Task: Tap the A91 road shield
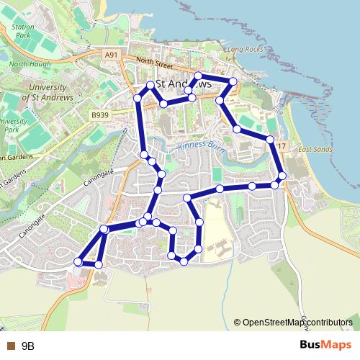tap(110, 55)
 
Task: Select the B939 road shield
tap(99, 114)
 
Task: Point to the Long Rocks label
tap(242, 50)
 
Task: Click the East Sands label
tap(312, 149)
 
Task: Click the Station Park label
tap(23, 30)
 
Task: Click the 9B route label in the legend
tap(28, 346)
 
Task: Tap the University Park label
tap(12, 126)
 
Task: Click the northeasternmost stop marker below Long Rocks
tap(233, 81)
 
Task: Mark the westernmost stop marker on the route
tap(78, 262)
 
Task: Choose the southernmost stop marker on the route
tap(99, 265)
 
